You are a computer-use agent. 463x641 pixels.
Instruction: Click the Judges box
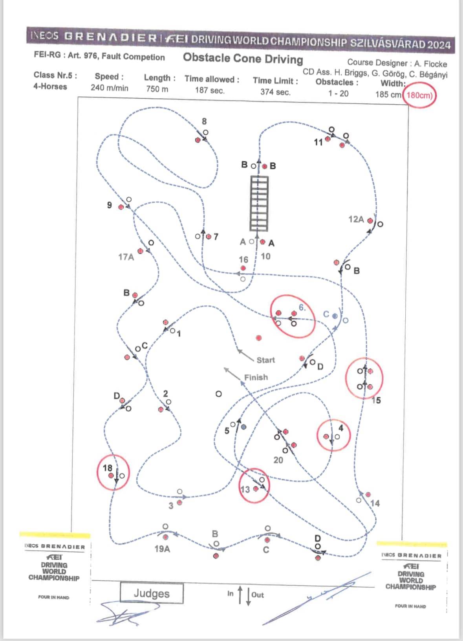click(x=152, y=593)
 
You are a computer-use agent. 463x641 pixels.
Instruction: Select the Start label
click(x=265, y=360)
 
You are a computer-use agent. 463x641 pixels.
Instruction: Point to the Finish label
click(x=256, y=377)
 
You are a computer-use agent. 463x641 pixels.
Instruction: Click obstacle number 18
click(x=108, y=468)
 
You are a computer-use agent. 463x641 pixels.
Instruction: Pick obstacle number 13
click(x=245, y=489)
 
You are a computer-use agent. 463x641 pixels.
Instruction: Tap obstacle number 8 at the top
click(x=204, y=121)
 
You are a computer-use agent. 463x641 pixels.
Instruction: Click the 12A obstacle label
click(x=356, y=219)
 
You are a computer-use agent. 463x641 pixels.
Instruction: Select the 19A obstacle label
click(x=162, y=549)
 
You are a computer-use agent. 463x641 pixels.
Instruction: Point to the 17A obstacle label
click(x=126, y=257)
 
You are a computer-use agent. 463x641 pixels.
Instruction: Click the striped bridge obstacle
click(x=259, y=203)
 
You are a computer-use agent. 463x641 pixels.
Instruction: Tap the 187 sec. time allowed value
click(x=210, y=90)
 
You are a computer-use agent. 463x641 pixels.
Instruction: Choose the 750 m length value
click(x=157, y=89)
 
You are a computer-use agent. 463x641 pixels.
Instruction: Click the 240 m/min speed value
click(x=109, y=88)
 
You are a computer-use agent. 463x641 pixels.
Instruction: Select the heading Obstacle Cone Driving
click(x=243, y=59)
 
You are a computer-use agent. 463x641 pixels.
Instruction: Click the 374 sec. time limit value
click(x=275, y=92)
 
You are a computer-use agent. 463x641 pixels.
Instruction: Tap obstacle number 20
click(x=278, y=460)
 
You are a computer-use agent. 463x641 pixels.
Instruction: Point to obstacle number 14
click(x=375, y=503)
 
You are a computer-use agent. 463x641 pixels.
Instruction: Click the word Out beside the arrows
click(x=258, y=595)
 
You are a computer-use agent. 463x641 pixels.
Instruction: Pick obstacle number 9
click(x=110, y=205)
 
